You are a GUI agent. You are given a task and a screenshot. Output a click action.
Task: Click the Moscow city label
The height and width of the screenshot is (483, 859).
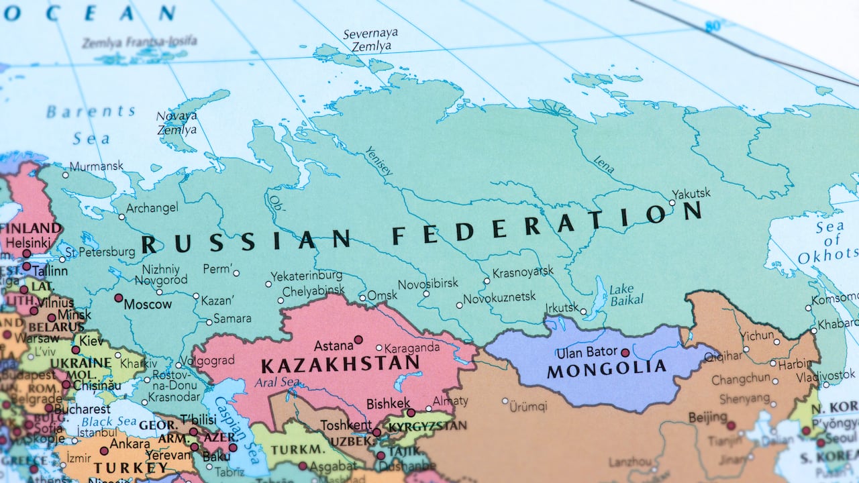[x=148, y=304]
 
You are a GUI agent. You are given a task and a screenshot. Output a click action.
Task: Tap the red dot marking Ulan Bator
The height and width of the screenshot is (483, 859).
[x=625, y=352]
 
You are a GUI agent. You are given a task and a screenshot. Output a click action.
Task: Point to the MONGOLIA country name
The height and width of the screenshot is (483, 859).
[x=607, y=369]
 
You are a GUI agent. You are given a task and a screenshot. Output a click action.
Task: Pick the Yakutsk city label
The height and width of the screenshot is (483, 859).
[x=691, y=193]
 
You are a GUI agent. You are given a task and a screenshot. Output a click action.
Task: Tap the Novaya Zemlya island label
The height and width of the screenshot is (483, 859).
[x=177, y=123]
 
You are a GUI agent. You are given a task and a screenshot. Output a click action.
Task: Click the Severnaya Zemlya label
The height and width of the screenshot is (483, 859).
[x=370, y=40]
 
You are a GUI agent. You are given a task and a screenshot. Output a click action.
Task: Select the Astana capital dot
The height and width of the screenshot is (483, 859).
[x=358, y=339]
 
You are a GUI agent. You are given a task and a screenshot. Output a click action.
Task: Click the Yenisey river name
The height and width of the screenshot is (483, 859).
[x=378, y=161]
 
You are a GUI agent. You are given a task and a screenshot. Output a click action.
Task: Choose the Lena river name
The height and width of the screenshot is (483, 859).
[x=603, y=164]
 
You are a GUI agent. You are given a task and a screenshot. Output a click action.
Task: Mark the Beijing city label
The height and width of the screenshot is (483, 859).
[x=707, y=417]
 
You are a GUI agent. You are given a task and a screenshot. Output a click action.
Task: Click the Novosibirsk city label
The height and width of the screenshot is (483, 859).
[x=427, y=284]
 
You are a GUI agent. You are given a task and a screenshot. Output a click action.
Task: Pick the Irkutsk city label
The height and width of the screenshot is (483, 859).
[x=562, y=307]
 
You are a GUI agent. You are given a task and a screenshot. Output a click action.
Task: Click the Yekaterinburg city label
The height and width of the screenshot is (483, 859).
[x=306, y=276]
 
